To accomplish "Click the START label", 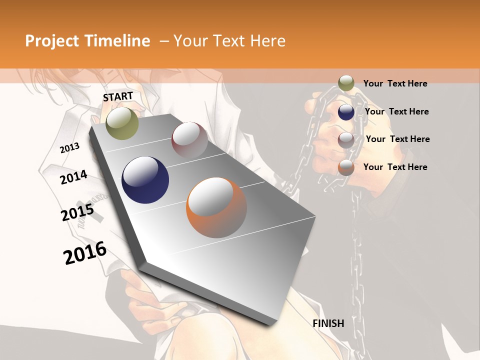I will (118, 96).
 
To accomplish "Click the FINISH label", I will (328, 323).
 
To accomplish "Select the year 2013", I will (69, 148).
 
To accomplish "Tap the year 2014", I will (74, 177).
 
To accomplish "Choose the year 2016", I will (85, 253).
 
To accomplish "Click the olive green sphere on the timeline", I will (122, 123).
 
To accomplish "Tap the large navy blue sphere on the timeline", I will (145, 180).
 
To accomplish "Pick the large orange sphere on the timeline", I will (216, 207).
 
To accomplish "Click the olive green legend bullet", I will (346, 83).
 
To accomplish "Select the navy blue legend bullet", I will (346, 111).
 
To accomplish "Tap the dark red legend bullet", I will (346, 139).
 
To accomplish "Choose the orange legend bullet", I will (346, 167).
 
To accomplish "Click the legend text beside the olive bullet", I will (395, 83).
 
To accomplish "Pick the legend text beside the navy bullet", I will (396, 111).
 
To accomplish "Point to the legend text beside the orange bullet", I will (395, 167).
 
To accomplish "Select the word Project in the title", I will (51, 41).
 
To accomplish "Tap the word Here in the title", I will (267, 41).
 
